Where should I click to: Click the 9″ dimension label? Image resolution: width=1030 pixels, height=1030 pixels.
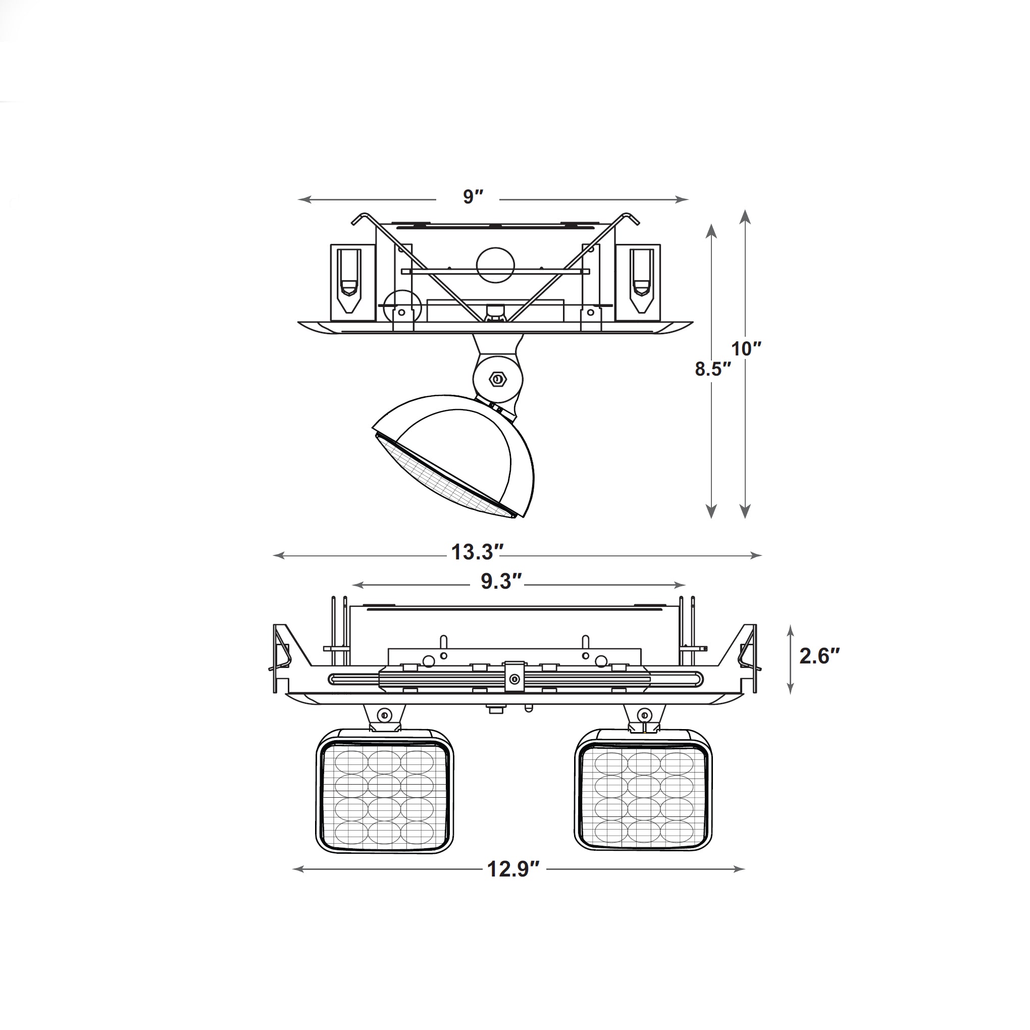pos(473,197)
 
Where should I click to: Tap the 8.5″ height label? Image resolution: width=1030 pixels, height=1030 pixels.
pos(712,369)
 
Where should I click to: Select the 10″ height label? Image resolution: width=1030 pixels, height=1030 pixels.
pos(746,349)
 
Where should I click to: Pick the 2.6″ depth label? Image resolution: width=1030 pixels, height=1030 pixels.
pos(819,656)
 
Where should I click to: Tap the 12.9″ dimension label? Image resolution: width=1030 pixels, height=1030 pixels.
pos(513,869)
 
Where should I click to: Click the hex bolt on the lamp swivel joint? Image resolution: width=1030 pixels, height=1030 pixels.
pos(498,379)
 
